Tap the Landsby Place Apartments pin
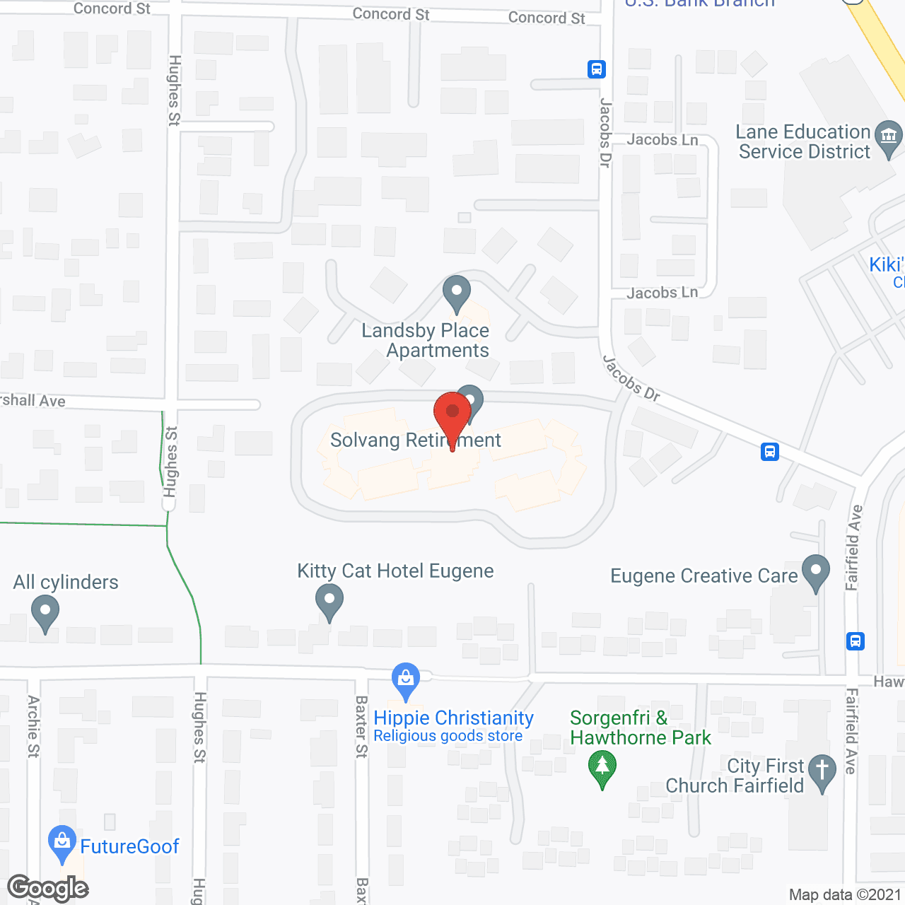(457, 292)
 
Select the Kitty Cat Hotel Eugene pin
(329, 603)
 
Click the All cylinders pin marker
(45, 612)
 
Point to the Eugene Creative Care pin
(816, 571)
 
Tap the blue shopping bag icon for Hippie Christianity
(406, 679)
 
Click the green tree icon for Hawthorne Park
(602, 767)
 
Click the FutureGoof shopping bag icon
(62, 842)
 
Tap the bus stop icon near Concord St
(597, 69)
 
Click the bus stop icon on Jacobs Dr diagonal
(770, 451)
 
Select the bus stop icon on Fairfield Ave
(856, 641)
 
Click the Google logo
(48, 888)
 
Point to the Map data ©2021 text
(846, 895)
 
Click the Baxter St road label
(361, 726)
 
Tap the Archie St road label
(33, 726)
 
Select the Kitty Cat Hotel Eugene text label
(395, 571)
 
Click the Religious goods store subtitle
(448, 736)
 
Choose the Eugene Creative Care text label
(703, 576)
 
